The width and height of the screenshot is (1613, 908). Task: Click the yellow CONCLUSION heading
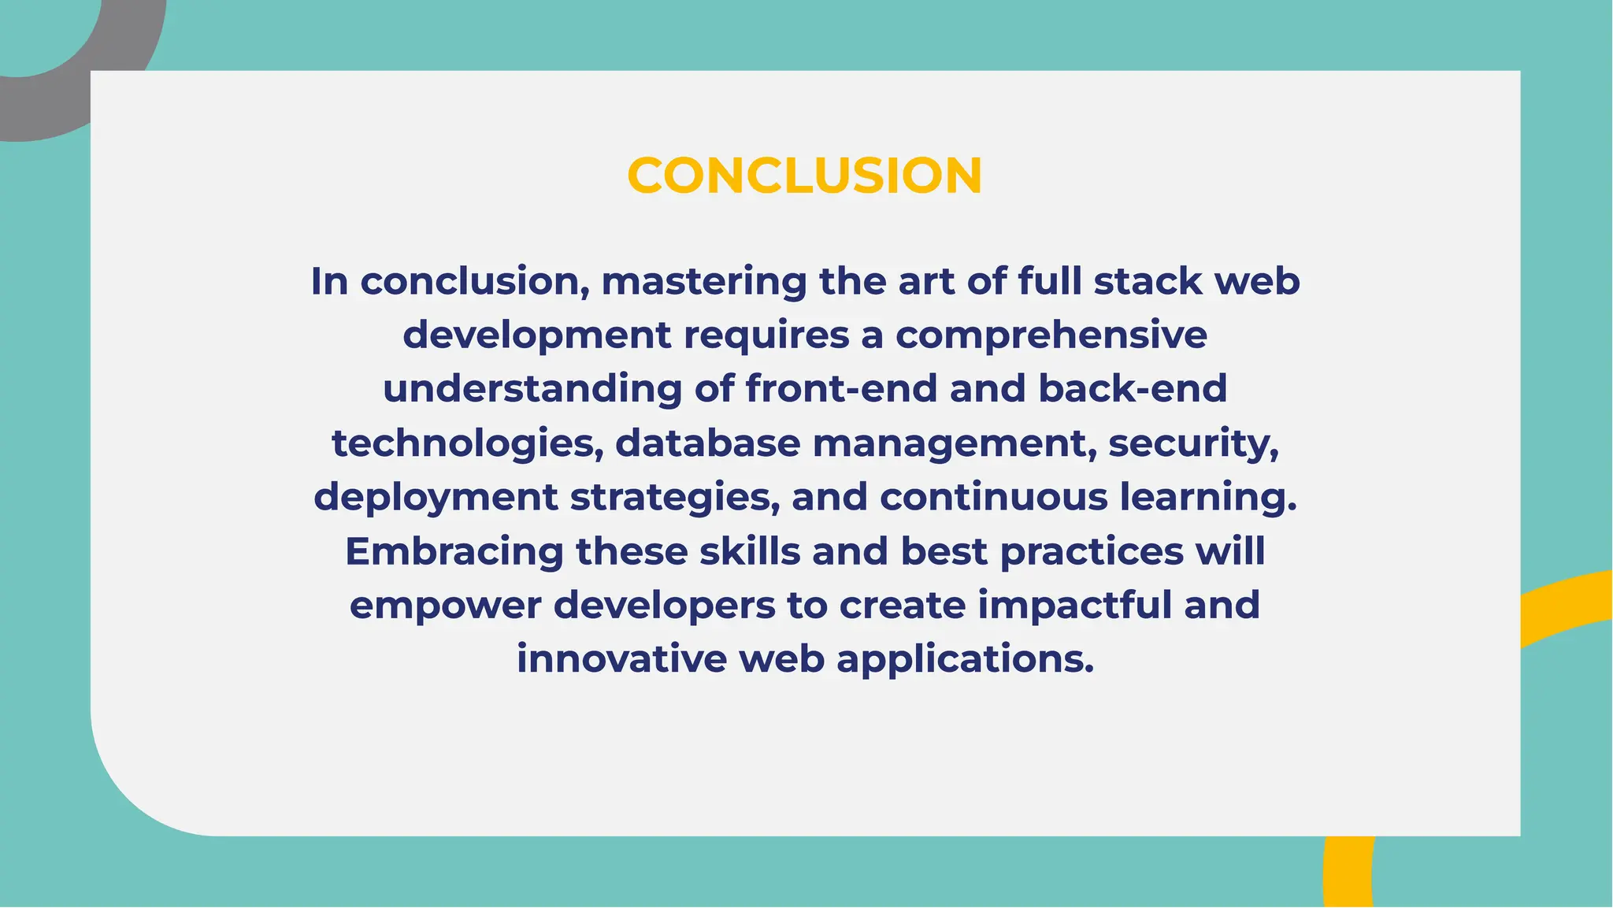pos(804,175)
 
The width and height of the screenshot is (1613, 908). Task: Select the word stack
pos(1148,281)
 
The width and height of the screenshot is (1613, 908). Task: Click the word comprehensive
pos(1051,335)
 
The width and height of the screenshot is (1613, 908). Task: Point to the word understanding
pos(532,389)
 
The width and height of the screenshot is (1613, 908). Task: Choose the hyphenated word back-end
pos(1133,389)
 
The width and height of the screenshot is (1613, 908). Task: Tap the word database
pos(707,443)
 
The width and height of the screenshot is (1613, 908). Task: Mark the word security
pos(1193,443)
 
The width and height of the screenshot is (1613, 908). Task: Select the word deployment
pos(436,498)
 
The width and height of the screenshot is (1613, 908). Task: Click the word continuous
pos(994,498)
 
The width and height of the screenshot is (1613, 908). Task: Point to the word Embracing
pos(454,551)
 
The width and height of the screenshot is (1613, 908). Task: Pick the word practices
pos(1092,551)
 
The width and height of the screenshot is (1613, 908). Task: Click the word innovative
pos(621,659)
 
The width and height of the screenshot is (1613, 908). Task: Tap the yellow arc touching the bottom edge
pos(1348,874)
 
